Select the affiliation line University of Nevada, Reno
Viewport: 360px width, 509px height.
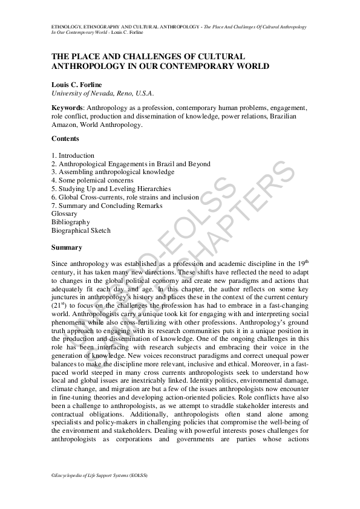coord(103,94)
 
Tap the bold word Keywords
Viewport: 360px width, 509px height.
coord(68,108)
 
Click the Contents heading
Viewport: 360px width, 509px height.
coord(65,138)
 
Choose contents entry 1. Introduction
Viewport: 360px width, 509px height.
coord(73,155)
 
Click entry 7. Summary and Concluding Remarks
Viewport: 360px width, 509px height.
coord(107,206)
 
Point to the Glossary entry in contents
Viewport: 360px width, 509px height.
coord(65,214)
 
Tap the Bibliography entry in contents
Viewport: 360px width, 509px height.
coord(71,222)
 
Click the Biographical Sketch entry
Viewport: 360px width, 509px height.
coord(81,230)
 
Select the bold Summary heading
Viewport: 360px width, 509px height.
coord(67,247)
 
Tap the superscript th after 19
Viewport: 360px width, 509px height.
coord(306,261)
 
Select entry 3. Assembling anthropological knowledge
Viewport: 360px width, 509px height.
coord(101,172)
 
